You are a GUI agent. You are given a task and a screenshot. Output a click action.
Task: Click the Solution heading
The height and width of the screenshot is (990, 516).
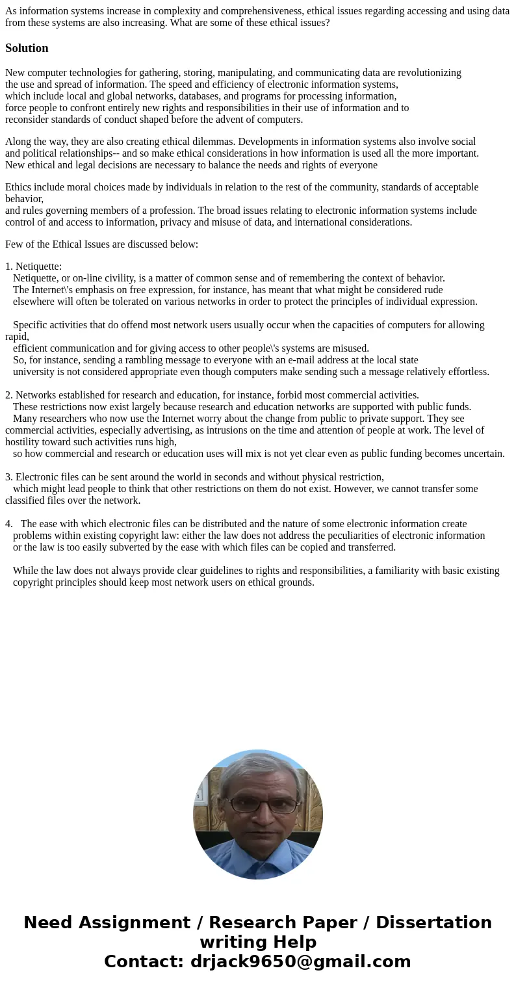click(27, 48)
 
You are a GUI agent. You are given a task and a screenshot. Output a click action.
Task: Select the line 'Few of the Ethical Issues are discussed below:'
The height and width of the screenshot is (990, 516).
click(101, 244)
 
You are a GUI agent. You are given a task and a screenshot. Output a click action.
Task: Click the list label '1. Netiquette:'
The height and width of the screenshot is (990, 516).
click(34, 267)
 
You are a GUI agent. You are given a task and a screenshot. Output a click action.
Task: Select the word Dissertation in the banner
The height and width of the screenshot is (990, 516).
click(433, 923)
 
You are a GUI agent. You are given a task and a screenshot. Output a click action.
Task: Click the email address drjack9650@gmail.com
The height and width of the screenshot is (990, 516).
click(300, 962)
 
